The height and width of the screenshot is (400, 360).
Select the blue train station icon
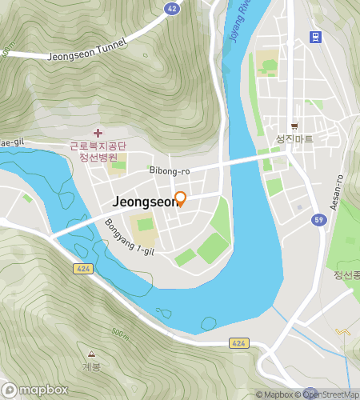click(x=315, y=37)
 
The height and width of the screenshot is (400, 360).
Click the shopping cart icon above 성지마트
click(x=294, y=126)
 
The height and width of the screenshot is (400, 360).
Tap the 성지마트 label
click(x=294, y=138)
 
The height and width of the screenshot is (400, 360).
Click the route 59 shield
click(x=318, y=219)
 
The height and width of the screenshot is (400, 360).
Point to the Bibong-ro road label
click(x=169, y=170)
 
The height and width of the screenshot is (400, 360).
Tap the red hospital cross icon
click(x=98, y=133)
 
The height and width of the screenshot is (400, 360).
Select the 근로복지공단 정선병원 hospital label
click(x=98, y=152)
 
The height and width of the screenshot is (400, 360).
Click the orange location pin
click(x=180, y=198)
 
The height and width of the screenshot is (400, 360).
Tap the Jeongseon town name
click(x=146, y=202)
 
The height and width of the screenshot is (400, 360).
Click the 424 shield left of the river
click(x=82, y=268)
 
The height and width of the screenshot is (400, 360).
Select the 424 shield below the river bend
click(x=239, y=342)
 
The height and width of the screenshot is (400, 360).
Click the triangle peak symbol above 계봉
click(x=91, y=354)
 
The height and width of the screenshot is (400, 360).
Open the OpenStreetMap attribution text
click(x=330, y=394)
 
